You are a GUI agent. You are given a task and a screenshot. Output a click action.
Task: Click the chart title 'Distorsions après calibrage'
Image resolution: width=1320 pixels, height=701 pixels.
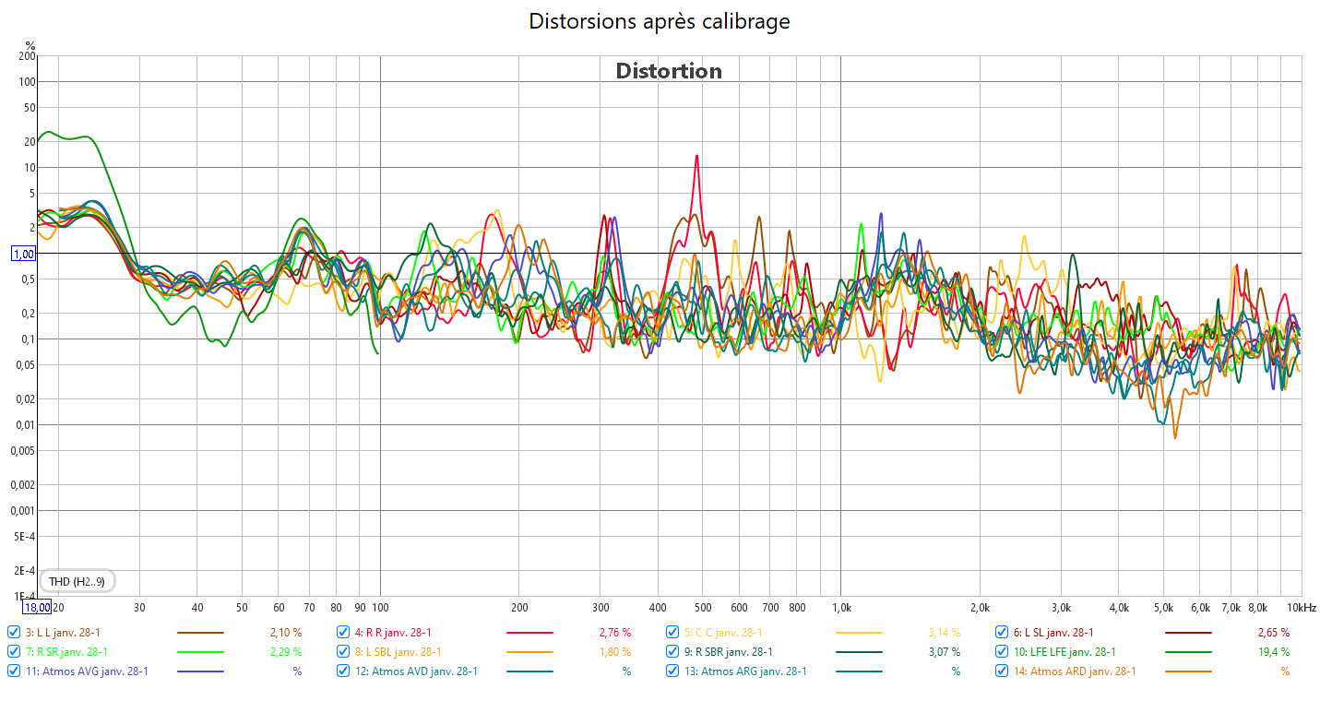(659, 21)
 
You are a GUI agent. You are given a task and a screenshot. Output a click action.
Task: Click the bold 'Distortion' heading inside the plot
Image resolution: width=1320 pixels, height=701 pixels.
(669, 71)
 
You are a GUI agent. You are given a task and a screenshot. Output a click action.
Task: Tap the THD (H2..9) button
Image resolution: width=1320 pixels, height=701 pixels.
(83, 581)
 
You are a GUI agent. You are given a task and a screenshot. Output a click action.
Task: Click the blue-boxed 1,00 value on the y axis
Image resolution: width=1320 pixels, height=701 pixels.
(23, 254)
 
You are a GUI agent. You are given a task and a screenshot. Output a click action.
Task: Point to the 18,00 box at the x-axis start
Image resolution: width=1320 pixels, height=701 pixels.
(37, 607)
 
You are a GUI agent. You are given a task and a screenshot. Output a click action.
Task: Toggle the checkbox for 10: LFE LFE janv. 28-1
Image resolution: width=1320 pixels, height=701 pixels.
(1002, 651)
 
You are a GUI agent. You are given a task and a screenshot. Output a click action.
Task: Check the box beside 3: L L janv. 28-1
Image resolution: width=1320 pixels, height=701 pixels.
(13, 633)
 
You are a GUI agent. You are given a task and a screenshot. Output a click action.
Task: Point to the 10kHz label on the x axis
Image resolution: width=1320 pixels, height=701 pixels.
(1302, 608)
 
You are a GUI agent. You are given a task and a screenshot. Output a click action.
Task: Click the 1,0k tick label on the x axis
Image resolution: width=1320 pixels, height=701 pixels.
(840, 608)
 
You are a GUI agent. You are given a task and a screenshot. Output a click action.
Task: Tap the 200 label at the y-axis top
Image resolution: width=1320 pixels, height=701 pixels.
(27, 56)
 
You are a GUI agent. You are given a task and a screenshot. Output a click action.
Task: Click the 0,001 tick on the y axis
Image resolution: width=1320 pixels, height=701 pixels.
(23, 511)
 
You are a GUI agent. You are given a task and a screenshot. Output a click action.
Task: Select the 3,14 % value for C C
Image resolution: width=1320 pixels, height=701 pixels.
(944, 633)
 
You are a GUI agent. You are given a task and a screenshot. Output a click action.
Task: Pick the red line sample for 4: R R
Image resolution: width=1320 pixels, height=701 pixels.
(529, 633)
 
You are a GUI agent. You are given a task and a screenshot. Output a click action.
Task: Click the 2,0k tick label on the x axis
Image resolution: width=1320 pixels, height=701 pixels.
(979, 608)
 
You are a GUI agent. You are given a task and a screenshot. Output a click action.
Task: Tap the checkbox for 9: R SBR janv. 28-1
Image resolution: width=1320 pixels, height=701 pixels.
(672, 651)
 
